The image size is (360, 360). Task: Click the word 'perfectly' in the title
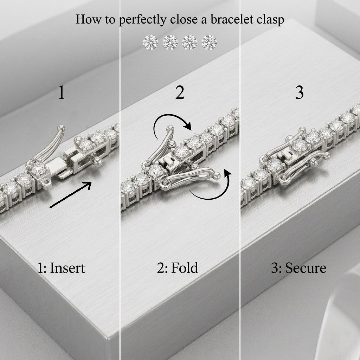click(142, 20)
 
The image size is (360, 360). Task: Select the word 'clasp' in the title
click(270, 20)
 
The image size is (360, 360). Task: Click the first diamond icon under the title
click(150, 43)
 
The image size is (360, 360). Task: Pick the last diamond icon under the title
click(209, 43)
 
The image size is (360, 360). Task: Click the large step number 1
click(61, 92)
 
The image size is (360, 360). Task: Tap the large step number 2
click(180, 92)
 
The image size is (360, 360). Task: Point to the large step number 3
click(300, 92)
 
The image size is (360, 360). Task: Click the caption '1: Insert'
click(61, 268)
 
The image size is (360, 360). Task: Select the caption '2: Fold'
click(178, 268)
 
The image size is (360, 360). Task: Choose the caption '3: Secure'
click(298, 268)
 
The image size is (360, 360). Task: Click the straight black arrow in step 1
click(71, 195)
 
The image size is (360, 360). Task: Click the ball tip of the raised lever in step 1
click(62, 128)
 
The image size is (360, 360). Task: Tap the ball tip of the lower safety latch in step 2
click(217, 176)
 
